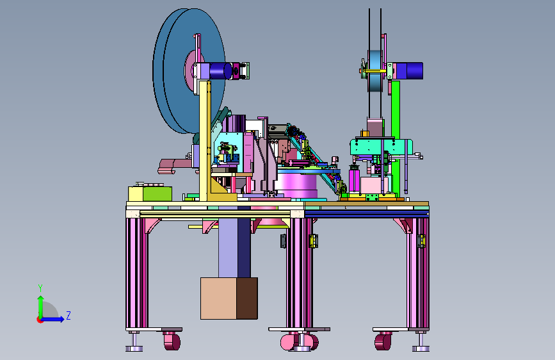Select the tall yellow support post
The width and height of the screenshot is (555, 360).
click(205, 141)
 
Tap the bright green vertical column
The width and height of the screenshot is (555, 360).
click(396, 138)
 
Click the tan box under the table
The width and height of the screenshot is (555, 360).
click(218, 299)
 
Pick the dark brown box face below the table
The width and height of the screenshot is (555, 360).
click(247, 299)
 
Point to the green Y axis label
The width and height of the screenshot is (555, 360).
click(40, 288)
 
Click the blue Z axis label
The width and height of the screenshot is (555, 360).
click(68, 315)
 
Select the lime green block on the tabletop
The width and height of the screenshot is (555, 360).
click(157, 194)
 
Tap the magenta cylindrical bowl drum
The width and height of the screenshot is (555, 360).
click(296, 185)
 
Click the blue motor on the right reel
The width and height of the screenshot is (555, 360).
click(410, 71)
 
